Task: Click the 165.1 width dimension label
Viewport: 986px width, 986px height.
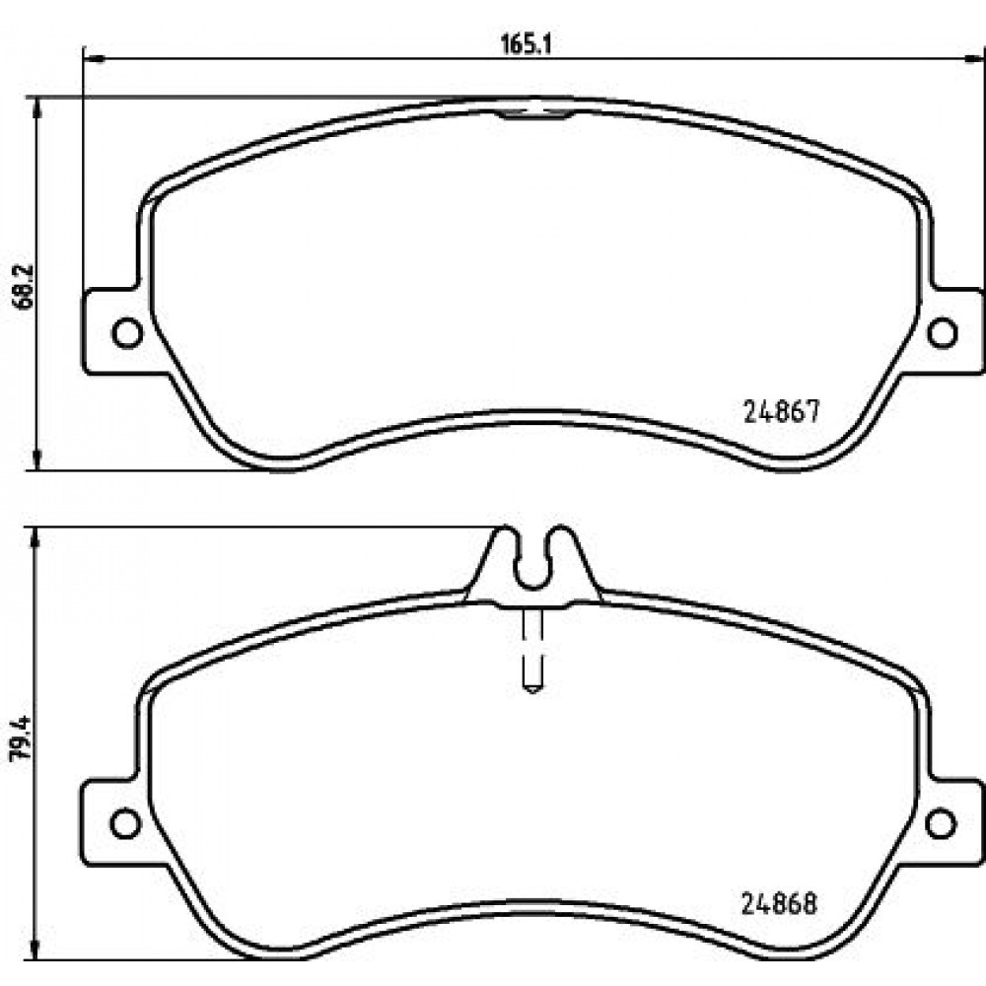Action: pyautogui.click(x=526, y=44)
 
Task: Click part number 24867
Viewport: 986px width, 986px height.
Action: pyautogui.click(x=782, y=412)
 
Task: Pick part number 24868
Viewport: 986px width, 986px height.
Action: pyautogui.click(x=780, y=904)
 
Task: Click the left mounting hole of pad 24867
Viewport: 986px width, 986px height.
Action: pyautogui.click(x=127, y=332)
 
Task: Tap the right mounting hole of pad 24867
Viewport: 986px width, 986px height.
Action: pyautogui.click(x=942, y=332)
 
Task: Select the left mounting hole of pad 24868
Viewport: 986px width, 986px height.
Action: pyautogui.click(x=126, y=823)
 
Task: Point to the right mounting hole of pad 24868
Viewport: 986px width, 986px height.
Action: pyautogui.click(x=941, y=823)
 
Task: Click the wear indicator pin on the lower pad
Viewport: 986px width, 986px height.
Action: pyautogui.click(x=532, y=650)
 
